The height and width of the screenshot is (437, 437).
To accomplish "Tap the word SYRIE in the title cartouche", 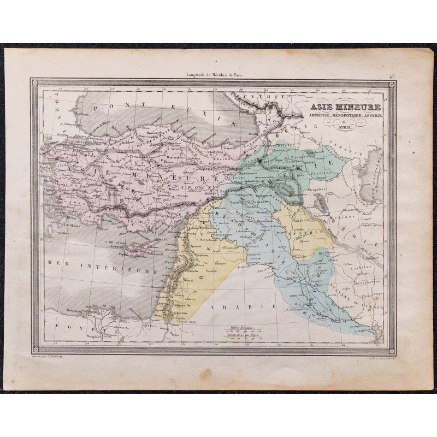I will [x=345, y=127].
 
